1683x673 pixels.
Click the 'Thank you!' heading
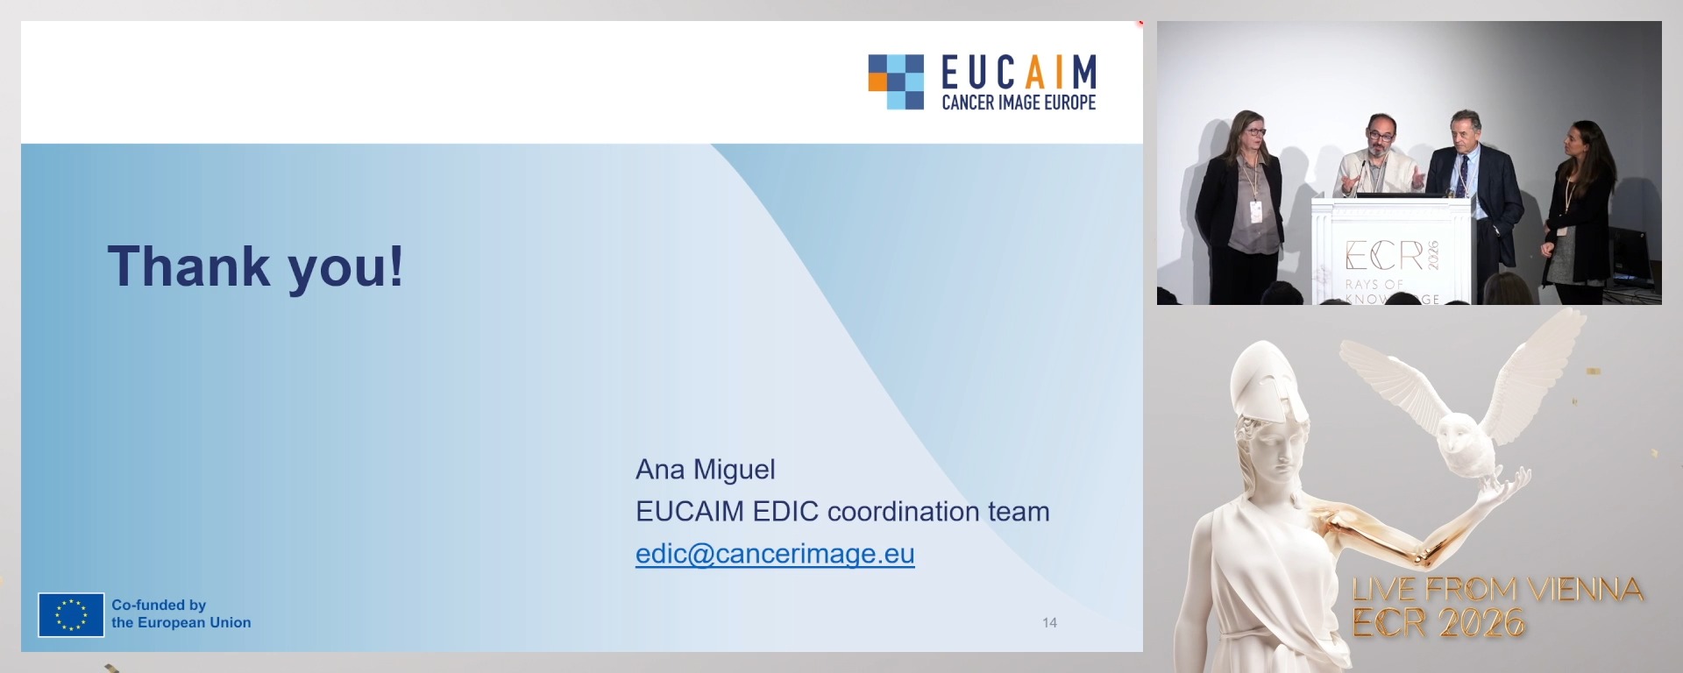(x=255, y=266)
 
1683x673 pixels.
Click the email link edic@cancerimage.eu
(x=775, y=554)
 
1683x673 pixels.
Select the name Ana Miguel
(x=706, y=470)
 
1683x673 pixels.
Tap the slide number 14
(x=1049, y=623)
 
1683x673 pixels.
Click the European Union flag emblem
(x=71, y=614)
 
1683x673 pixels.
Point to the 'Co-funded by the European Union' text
(x=181, y=613)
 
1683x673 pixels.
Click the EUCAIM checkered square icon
(x=896, y=82)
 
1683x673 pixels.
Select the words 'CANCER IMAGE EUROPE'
(x=1019, y=103)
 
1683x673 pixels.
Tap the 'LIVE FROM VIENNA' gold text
(x=1497, y=589)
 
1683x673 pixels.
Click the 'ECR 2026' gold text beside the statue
(x=1438, y=622)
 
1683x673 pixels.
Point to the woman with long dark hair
(x=1580, y=210)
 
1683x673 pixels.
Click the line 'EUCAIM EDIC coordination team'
(x=842, y=512)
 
